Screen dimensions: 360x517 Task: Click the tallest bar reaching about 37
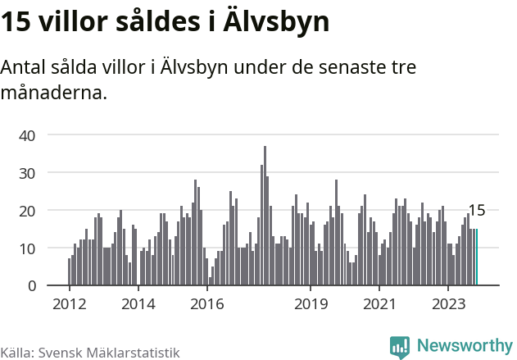tap(265, 216)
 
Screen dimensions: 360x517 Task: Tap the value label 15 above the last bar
tap(476, 211)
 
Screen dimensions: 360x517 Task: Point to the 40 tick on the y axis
tap(27, 134)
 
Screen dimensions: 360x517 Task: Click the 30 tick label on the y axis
tap(27, 172)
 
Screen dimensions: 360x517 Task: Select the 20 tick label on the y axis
tap(27, 210)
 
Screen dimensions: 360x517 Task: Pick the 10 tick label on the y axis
tap(27, 248)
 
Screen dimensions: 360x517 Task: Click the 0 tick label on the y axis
tap(32, 285)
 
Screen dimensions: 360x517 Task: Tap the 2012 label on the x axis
tap(69, 304)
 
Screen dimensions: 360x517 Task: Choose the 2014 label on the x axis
tap(138, 304)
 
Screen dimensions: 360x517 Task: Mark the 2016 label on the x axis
tap(206, 304)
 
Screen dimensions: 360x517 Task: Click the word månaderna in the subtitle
tap(54, 92)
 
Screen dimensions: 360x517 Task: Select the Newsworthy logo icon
tap(400, 347)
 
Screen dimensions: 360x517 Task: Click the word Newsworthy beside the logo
tap(464, 346)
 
